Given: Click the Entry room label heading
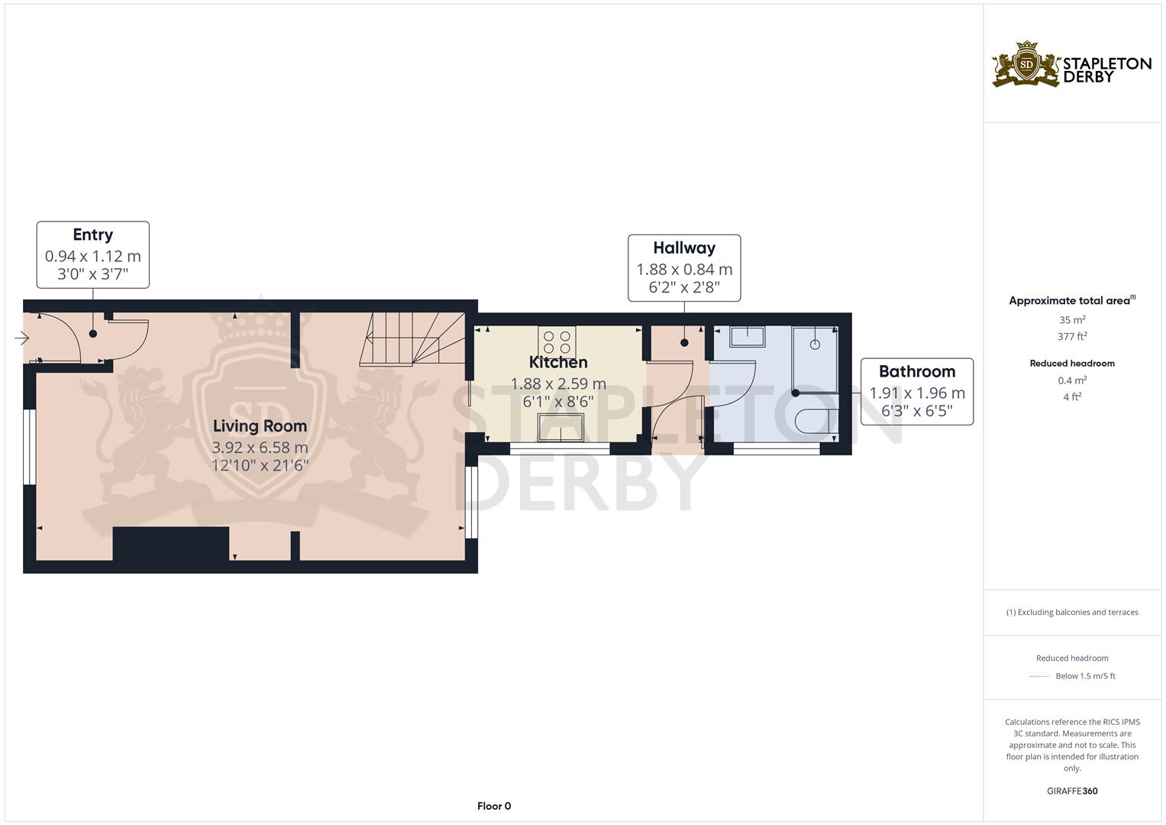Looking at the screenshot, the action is (x=92, y=235).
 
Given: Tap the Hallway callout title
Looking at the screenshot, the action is (x=684, y=248).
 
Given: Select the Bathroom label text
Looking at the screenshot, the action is (x=917, y=371).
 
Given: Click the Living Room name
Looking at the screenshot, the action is (x=260, y=426).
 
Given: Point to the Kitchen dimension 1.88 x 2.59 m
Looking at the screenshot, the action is (x=558, y=383).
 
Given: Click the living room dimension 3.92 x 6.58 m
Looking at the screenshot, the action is (x=260, y=448).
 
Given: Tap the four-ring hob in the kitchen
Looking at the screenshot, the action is (x=557, y=342).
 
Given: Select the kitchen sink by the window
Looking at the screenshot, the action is (x=561, y=428).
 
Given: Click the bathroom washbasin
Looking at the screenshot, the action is (x=747, y=336).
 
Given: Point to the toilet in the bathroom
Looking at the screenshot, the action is (x=817, y=422).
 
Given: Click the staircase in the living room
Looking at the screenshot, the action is (x=412, y=338).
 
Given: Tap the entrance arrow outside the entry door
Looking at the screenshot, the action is (x=21, y=338).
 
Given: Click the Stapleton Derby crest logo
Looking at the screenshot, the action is (x=1026, y=65).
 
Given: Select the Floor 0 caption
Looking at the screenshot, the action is (x=494, y=806).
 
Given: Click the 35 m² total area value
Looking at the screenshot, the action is (x=1072, y=320).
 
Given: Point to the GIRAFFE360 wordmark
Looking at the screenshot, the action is (x=1072, y=791).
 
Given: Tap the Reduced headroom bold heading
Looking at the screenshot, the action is (x=1072, y=364).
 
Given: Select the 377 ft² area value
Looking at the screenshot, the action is (x=1072, y=336).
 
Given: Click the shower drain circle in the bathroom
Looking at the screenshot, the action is (x=816, y=345).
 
